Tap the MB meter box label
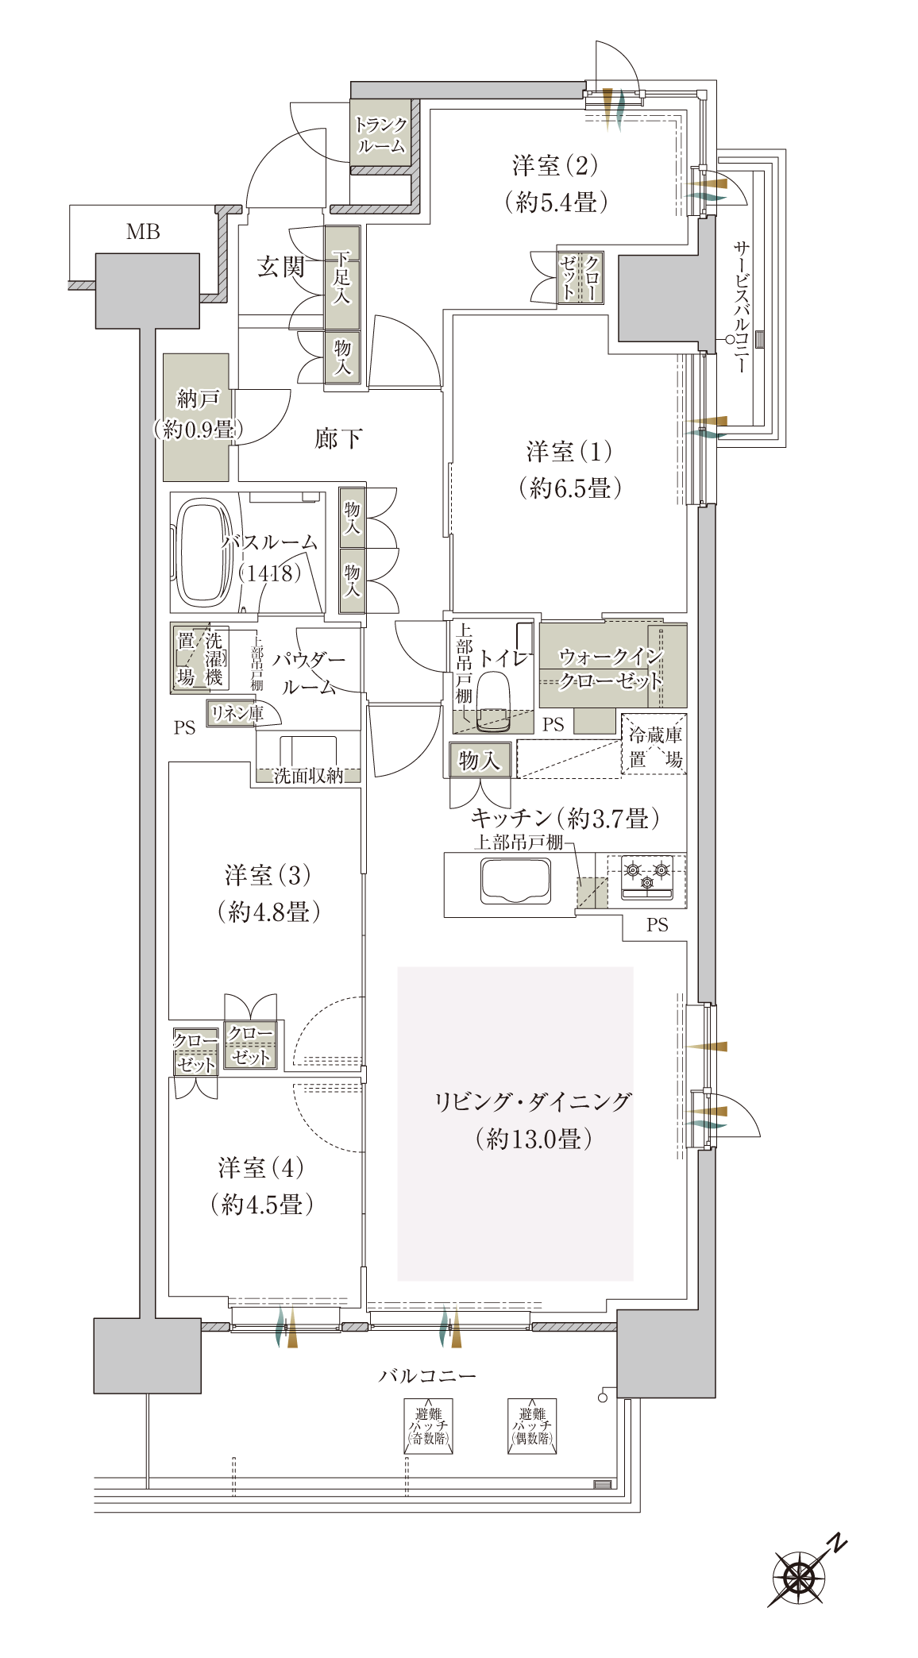(143, 232)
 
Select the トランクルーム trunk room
(381, 134)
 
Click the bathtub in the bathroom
(202, 550)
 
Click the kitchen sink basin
(515, 881)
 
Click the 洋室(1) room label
(569, 452)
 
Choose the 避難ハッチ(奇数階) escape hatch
(429, 1426)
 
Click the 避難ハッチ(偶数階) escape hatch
(532, 1426)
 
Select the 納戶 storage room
(196, 417)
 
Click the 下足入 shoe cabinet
(342, 277)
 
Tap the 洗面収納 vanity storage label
(308, 776)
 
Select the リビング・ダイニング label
(533, 1101)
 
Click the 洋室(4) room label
(261, 1168)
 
